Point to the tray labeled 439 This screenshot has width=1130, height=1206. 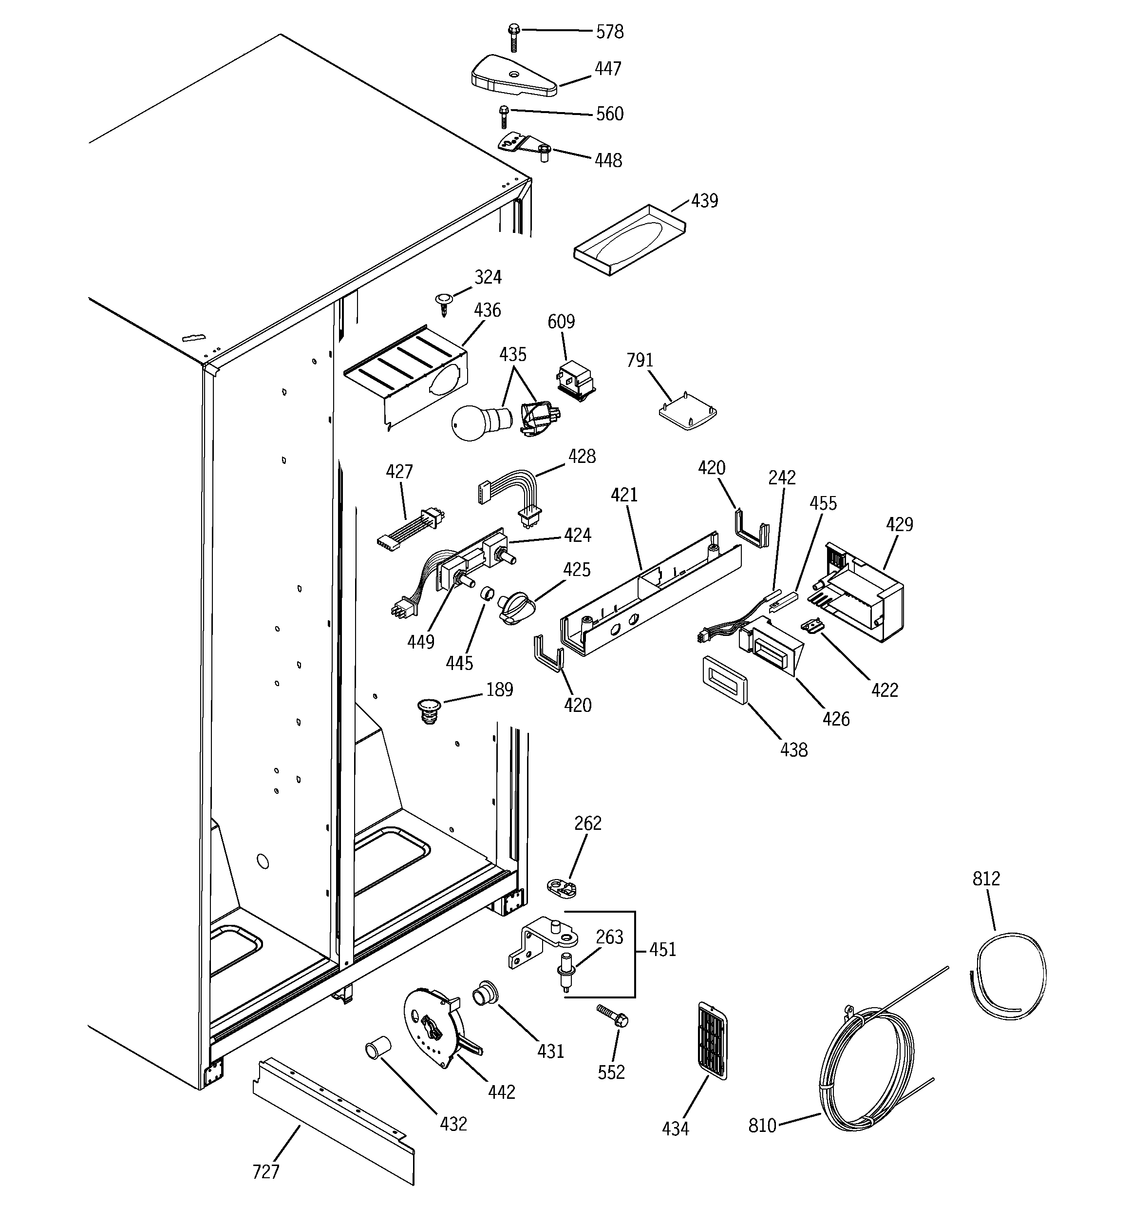pos(629,240)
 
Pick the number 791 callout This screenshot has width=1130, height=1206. pos(640,361)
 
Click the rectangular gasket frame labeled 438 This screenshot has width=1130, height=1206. pos(725,681)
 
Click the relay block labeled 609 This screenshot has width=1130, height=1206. pos(576,380)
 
